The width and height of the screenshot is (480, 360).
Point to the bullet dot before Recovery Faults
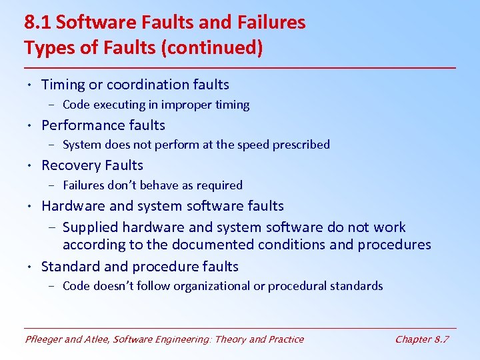click(x=31, y=166)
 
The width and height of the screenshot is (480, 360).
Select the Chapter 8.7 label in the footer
click(x=422, y=339)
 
